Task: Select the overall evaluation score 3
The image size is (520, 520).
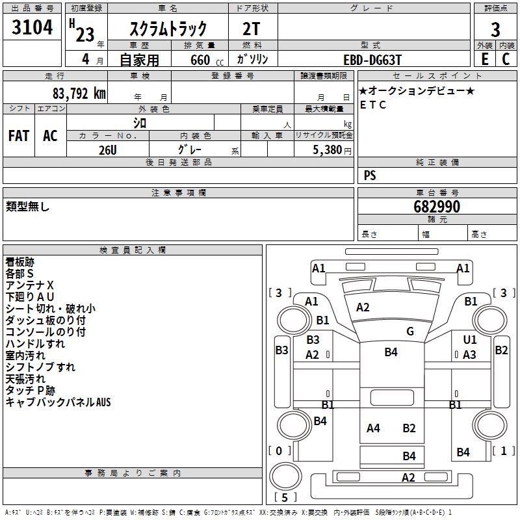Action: (x=495, y=29)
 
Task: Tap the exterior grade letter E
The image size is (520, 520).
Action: (x=485, y=59)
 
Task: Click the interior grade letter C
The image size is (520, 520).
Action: (x=506, y=59)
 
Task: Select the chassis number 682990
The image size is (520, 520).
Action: (x=437, y=207)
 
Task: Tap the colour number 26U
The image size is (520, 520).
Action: (x=107, y=149)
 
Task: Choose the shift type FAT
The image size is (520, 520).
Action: (x=18, y=136)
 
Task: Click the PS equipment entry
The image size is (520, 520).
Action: (x=370, y=175)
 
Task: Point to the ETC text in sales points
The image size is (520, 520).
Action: (x=372, y=105)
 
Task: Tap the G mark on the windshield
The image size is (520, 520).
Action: (x=410, y=331)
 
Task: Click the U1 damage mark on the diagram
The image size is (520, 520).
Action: (x=470, y=339)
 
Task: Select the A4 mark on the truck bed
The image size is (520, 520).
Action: (x=373, y=428)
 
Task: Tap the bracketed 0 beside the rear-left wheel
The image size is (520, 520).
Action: (x=279, y=450)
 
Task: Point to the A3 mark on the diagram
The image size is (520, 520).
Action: (x=469, y=354)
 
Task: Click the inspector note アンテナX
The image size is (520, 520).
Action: (x=30, y=285)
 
